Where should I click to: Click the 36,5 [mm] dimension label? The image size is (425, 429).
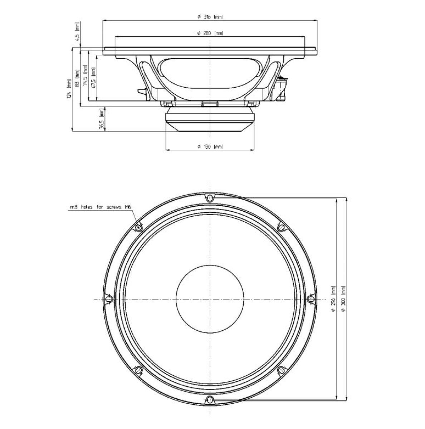pos(102,120)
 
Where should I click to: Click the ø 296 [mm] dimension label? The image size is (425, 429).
pos(333,298)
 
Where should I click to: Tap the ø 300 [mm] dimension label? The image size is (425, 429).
pos(344,298)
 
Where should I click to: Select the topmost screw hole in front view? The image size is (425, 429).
pos(210,197)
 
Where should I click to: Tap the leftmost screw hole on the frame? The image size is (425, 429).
pos(109,298)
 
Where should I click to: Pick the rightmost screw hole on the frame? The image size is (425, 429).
pos(311,298)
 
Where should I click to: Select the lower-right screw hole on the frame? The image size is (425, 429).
pos(281,369)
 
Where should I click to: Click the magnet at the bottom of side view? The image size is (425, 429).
pos(210,121)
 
